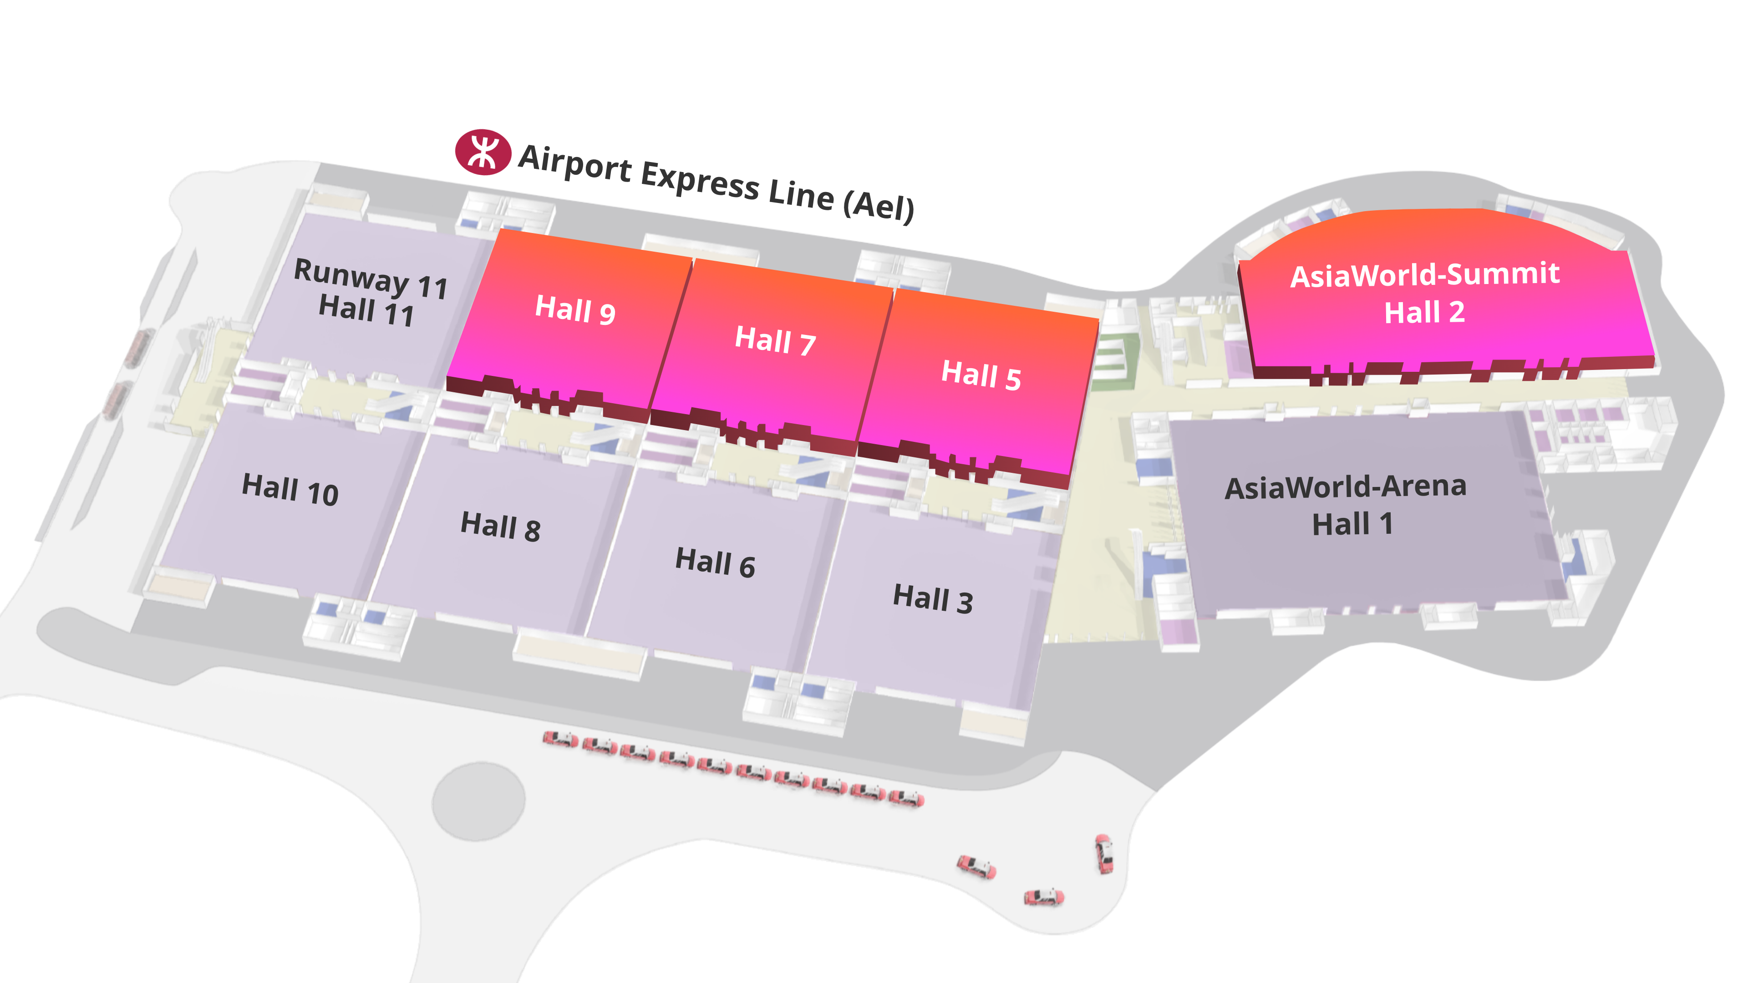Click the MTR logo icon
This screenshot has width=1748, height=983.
pos(483,152)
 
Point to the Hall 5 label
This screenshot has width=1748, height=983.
pos(981,375)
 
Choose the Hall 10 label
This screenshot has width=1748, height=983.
pos(290,489)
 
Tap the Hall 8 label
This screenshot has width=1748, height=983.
pos(501,526)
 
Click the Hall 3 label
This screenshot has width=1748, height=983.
pos(933,598)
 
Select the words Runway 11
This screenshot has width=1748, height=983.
pos(371,278)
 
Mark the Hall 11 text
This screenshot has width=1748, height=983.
pos(366,311)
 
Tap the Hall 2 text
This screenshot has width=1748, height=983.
pos(1424,312)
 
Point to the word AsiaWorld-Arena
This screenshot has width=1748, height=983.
pos(1346,486)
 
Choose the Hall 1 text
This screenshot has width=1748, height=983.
pos(1352,524)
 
